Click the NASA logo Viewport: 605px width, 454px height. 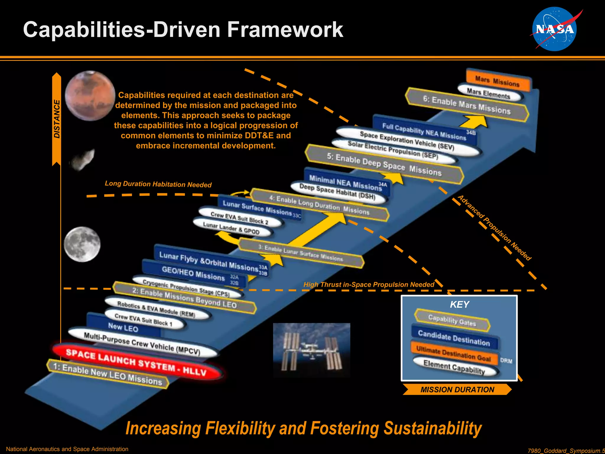(554, 29)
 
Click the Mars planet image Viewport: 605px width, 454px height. (90, 96)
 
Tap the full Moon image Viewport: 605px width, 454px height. (82, 244)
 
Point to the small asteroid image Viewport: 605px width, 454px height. (84, 160)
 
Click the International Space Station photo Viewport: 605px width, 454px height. (311, 350)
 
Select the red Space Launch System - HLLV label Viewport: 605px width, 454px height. (136, 362)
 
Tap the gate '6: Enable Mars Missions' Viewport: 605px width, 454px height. (467, 105)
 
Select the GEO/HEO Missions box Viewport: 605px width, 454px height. (193, 274)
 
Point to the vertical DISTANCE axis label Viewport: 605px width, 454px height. (57, 119)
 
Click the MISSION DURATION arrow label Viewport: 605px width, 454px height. (457, 390)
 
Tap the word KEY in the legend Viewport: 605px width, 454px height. (459, 304)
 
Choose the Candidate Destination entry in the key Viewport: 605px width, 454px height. (454, 338)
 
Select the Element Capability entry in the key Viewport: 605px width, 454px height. (454, 367)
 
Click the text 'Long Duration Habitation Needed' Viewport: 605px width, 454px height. (158, 184)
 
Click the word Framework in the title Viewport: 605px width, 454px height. (285, 30)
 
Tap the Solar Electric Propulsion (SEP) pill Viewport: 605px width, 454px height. (393, 150)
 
